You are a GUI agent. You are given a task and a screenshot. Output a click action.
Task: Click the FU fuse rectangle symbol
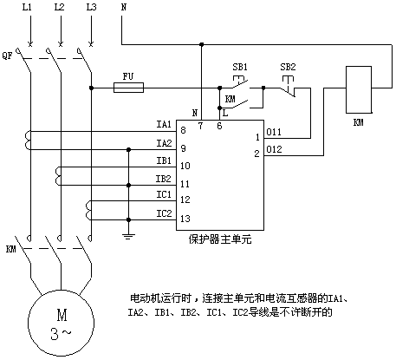pyautogui.click(x=128, y=88)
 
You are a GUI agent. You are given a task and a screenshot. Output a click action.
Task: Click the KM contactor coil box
pyautogui.click(x=359, y=89)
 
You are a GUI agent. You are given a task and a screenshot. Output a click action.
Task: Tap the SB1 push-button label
pyautogui.click(x=240, y=67)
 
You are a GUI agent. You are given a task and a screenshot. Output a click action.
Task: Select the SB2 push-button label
pyautogui.click(x=288, y=67)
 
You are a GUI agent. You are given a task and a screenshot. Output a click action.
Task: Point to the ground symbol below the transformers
pyautogui.click(x=129, y=236)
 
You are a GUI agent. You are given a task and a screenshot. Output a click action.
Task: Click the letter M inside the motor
pyautogui.click(x=62, y=315)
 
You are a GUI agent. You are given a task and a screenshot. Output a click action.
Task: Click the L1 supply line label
pyautogui.click(x=27, y=7)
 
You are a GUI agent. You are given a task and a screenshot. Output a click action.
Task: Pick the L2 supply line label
pyautogui.click(x=59, y=7)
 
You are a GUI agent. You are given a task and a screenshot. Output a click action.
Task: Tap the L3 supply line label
pyautogui.click(x=91, y=7)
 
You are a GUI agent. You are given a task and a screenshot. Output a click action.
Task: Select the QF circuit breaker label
pyautogui.click(x=8, y=55)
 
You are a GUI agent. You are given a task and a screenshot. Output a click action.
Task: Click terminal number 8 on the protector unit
pyautogui.click(x=183, y=130)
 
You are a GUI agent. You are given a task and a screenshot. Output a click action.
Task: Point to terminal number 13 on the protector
pyautogui.click(x=185, y=219)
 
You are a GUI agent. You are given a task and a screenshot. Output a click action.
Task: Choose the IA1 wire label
pyautogui.click(x=164, y=124)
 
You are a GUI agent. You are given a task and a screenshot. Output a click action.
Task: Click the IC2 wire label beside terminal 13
pyautogui.click(x=164, y=213)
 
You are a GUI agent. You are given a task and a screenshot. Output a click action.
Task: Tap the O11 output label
pyautogui.click(x=274, y=132)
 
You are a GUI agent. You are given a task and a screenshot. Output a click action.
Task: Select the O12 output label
pyautogui.click(x=274, y=149)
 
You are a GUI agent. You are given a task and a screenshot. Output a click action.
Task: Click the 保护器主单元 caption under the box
pyautogui.click(x=220, y=239)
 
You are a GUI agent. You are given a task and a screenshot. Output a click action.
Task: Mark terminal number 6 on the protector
pyautogui.click(x=219, y=126)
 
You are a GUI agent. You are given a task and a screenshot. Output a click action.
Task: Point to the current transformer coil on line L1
pyautogui.click(x=28, y=141)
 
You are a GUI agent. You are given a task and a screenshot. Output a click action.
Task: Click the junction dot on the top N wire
pyautogui.click(x=202, y=44)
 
